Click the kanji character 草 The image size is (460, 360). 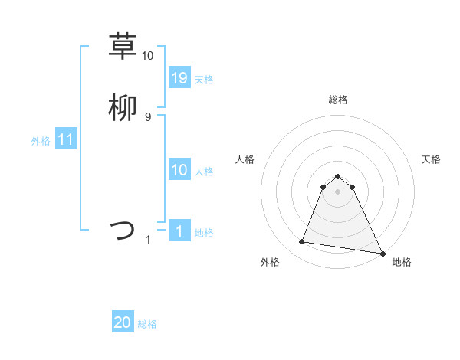(x=123, y=46)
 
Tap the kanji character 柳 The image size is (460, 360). (x=123, y=108)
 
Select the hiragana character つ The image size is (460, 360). (x=123, y=230)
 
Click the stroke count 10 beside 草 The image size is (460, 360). (x=148, y=56)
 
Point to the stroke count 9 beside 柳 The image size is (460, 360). (x=148, y=117)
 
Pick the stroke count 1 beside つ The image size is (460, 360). (x=148, y=240)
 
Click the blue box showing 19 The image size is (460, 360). (x=179, y=78)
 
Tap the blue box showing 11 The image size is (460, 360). (x=66, y=140)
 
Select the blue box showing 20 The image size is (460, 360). (x=123, y=323)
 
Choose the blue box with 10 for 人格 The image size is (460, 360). (x=179, y=170)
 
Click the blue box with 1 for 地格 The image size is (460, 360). (x=179, y=231)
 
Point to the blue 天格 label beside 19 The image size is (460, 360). (x=204, y=79)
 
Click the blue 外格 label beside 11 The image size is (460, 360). (x=41, y=141)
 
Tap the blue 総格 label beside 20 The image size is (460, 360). (x=147, y=324)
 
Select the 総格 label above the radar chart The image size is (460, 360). (x=338, y=100)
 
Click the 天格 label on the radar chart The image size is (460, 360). (x=431, y=159)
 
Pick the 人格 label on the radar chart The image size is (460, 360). (x=245, y=159)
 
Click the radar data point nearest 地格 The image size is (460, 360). (x=382, y=253)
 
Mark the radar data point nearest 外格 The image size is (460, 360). (x=302, y=242)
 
